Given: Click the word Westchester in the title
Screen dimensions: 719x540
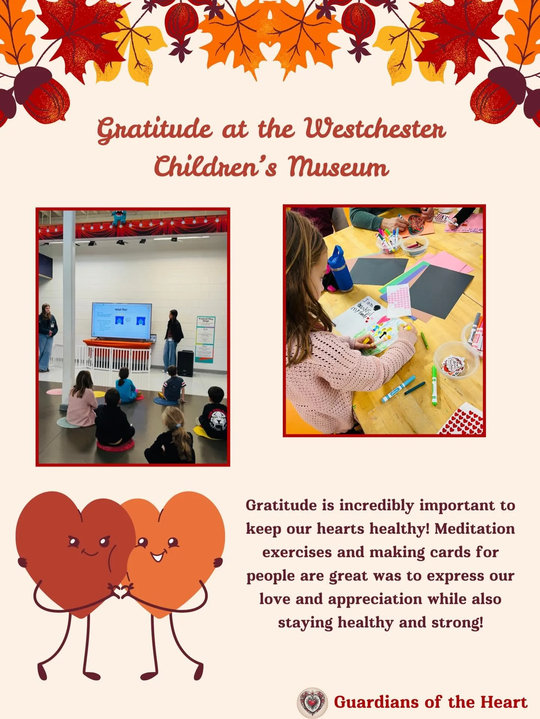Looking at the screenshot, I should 375,129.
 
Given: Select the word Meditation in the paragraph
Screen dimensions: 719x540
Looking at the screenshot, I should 474,529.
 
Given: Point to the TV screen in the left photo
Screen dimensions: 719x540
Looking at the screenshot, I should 121,321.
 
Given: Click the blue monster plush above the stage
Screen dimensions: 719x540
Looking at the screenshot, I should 119,218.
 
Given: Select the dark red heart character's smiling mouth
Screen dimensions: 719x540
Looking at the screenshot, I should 90,553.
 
